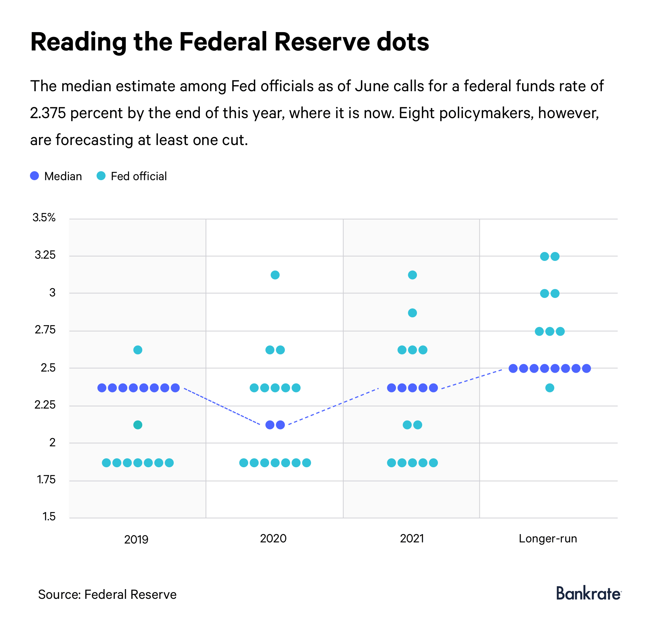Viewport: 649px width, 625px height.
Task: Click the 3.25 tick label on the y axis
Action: pos(45,255)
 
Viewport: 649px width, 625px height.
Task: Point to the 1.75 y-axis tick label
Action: pos(46,480)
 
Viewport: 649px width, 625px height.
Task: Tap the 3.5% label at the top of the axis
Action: pos(44,218)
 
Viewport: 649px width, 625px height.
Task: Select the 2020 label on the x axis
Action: pos(273,539)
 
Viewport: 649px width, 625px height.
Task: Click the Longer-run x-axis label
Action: pos(548,539)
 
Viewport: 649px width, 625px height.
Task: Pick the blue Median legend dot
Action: pos(34,176)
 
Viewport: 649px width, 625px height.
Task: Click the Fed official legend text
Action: pos(138,176)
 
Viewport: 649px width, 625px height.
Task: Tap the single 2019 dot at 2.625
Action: pos(138,350)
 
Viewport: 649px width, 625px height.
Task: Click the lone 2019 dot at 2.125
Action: pos(138,425)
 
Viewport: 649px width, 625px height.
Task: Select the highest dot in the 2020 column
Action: pos(275,275)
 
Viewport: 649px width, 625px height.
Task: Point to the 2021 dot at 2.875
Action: pos(412,313)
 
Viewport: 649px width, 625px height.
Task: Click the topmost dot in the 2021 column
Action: pos(412,275)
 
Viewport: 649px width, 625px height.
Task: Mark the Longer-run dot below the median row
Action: pos(549,388)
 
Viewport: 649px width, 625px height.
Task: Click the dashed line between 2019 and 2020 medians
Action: pos(222,406)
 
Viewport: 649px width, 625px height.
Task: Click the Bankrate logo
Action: pos(588,594)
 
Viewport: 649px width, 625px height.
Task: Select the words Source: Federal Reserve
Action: pos(107,594)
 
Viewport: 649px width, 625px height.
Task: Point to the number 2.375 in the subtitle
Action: pos(48,113)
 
